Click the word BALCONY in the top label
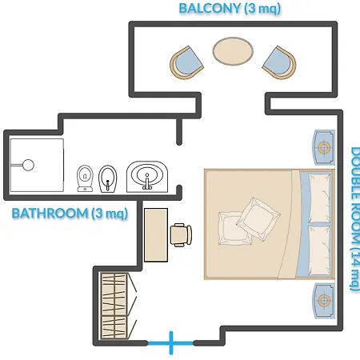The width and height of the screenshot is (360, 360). click(x=210, y=8)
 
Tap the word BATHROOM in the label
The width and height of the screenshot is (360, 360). click(x=50, y=213)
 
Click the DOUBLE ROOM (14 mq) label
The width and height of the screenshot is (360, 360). click(x=354, y=219)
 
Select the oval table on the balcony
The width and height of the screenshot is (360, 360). click(x=233, y=51)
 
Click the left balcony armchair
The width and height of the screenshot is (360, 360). click(x=186, y=62)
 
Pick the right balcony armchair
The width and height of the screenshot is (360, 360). click(x=279, y=62)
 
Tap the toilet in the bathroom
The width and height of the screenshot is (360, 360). click(x=85, y=178)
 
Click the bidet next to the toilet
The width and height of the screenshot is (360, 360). click(x=108, y=179)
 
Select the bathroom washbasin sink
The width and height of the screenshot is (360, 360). click(x=147, y=177)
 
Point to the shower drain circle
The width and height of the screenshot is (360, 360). click(x=28, y=165)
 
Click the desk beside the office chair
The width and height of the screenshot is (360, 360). click(x=156, y=235)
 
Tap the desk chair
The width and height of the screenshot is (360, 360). click(x=181, y=235)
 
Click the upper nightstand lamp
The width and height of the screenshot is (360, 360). click(x=324, y=147)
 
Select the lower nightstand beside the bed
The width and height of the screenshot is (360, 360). click(x=324, y=301)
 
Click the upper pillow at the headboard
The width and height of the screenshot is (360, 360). click(x=320, y=198)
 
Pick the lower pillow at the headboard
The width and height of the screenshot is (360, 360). click(x=320, y=250)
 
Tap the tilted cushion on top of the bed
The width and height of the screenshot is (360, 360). click(x=258, y=219)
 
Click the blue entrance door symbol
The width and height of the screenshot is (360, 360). click(x=171, y=343)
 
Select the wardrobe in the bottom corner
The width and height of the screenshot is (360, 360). click(x=114, y=306)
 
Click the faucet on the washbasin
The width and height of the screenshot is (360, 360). click(x=147, y=182)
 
